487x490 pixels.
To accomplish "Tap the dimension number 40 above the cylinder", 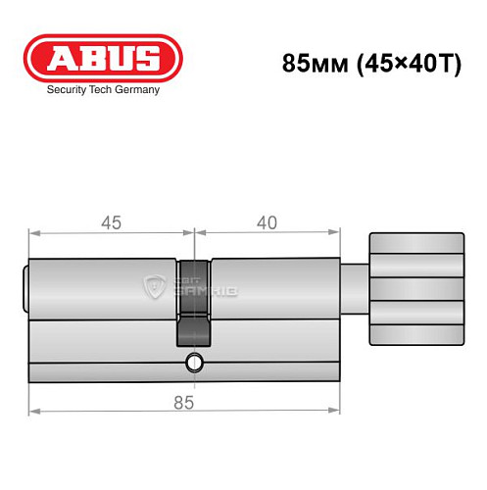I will click(264, 222).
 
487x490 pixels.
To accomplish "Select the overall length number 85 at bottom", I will click(183, 402).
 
